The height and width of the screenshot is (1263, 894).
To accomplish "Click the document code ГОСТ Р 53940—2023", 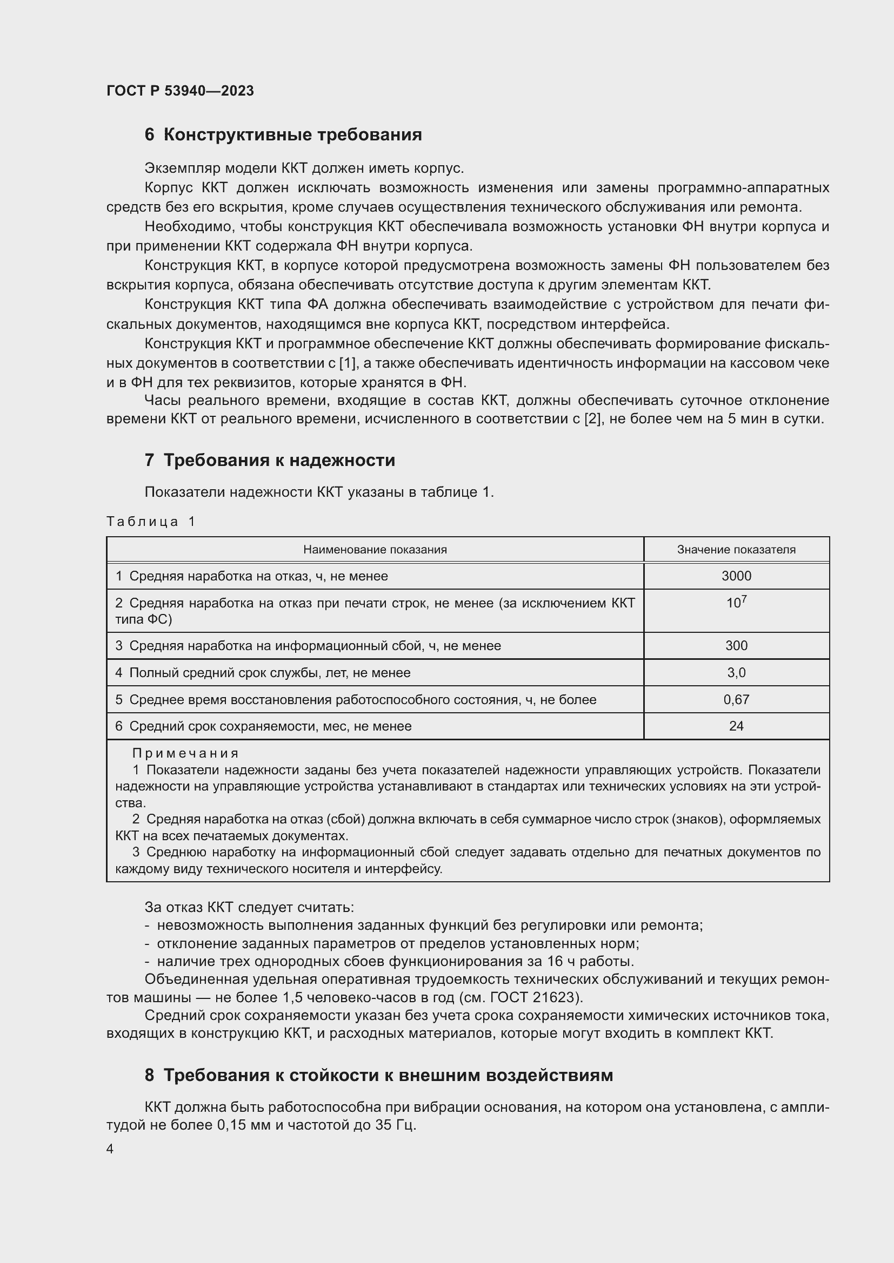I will [x=180, y=91].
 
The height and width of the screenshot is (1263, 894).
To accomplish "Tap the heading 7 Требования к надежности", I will [x=270, y=460].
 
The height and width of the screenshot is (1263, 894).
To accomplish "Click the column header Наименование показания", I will [x=375, y=550].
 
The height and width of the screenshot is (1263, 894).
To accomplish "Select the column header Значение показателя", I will [x=736, y=550].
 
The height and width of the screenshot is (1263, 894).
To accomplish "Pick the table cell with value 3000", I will [x=736, y=576].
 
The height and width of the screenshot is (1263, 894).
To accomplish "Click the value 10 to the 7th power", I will [x=736, y=603].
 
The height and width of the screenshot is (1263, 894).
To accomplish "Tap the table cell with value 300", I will [x=736, y=646].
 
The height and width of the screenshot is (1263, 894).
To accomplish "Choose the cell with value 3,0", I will [x=736, y=673].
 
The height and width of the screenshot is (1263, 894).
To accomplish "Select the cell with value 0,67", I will [x=736, y=700].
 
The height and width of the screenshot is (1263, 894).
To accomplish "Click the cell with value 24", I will [x=736, y=726].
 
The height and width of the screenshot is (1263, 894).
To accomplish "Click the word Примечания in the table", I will [x=185, y=753].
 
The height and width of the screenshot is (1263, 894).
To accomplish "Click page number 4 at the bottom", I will [x=110, y=1149].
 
